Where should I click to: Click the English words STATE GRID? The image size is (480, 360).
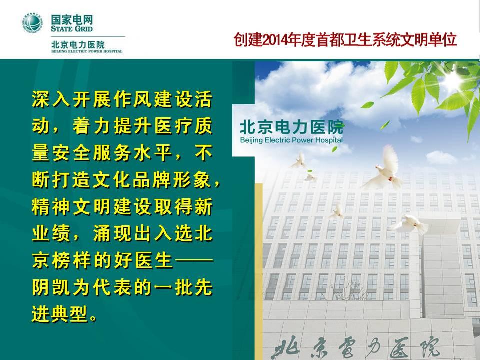(72, 29)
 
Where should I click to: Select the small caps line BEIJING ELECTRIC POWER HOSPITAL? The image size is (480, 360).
(87, 51)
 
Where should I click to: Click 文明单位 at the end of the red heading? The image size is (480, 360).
(428, 40)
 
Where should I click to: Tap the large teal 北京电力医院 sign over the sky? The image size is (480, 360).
(291, 127)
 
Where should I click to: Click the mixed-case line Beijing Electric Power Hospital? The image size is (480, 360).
(291, 140)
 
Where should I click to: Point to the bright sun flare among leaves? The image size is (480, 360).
(454, 78)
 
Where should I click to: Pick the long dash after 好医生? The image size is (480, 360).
(194, 261)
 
